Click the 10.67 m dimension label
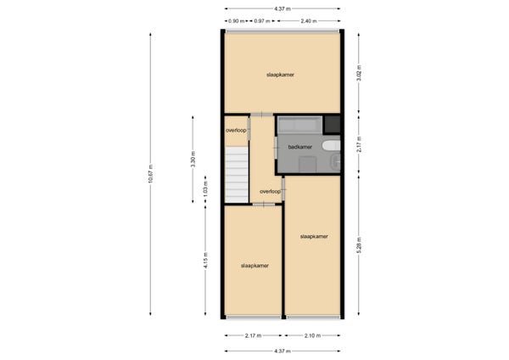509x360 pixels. point(150,174)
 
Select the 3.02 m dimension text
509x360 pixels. point(359,73)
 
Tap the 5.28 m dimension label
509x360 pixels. point(359,245)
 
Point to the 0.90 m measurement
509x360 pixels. point(236,21)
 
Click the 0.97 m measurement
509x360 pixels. point(262,21)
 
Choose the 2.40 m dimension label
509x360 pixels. point(309,21)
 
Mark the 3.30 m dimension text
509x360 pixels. point(193,160)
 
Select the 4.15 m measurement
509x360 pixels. point(205,261)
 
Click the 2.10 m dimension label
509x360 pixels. point(312,335)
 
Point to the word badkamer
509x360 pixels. point(300,147)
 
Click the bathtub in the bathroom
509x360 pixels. point(300,125)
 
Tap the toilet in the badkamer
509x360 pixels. point(331,145)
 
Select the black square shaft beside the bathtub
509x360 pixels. point(333,125)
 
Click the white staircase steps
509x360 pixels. point(237,175)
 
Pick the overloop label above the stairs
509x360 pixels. point(236,130)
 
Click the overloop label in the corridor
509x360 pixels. point(270,191)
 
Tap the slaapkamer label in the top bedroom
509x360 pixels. point(281,75)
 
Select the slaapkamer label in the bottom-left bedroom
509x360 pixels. point(255,266)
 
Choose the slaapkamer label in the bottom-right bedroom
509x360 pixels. point(314,237)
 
